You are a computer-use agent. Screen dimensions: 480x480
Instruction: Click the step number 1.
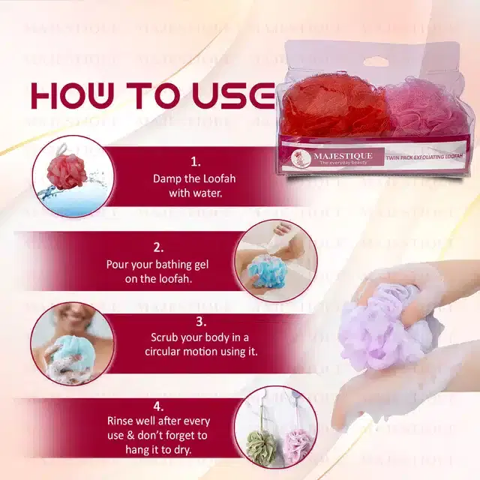coord(196,160)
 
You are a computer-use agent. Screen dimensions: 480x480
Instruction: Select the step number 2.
coord(158,246)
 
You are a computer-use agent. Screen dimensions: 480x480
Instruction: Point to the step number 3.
coord(200,321)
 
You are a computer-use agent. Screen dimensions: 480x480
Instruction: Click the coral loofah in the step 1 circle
coord(67,172)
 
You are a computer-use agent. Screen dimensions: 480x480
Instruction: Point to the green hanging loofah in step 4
coord(260,446)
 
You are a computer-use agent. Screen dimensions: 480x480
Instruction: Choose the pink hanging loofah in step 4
coord(295,446)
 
